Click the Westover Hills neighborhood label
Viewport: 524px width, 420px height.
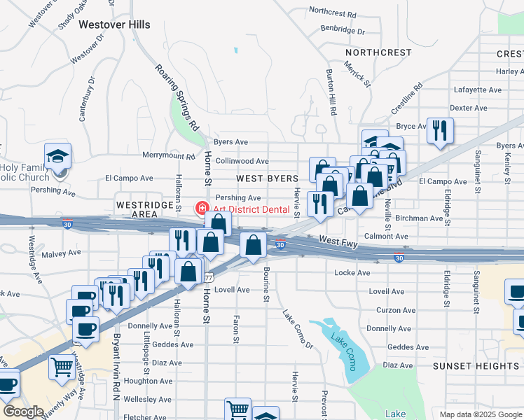point(114,24)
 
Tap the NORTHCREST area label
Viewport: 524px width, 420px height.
point(378,52)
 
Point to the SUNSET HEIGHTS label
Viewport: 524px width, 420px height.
point(475,366)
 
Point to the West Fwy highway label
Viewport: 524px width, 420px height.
point(339,240)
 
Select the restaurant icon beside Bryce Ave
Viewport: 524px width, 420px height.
point(440,131)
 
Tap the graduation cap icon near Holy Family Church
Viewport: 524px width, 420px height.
point(57,155)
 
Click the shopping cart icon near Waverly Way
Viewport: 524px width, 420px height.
point(62,365)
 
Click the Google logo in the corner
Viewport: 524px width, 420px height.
point(23,412)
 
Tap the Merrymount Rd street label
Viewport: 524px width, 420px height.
point(169,155)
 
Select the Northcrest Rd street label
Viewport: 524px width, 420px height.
point(332,13)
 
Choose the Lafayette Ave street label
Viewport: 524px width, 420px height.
point(478,90)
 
